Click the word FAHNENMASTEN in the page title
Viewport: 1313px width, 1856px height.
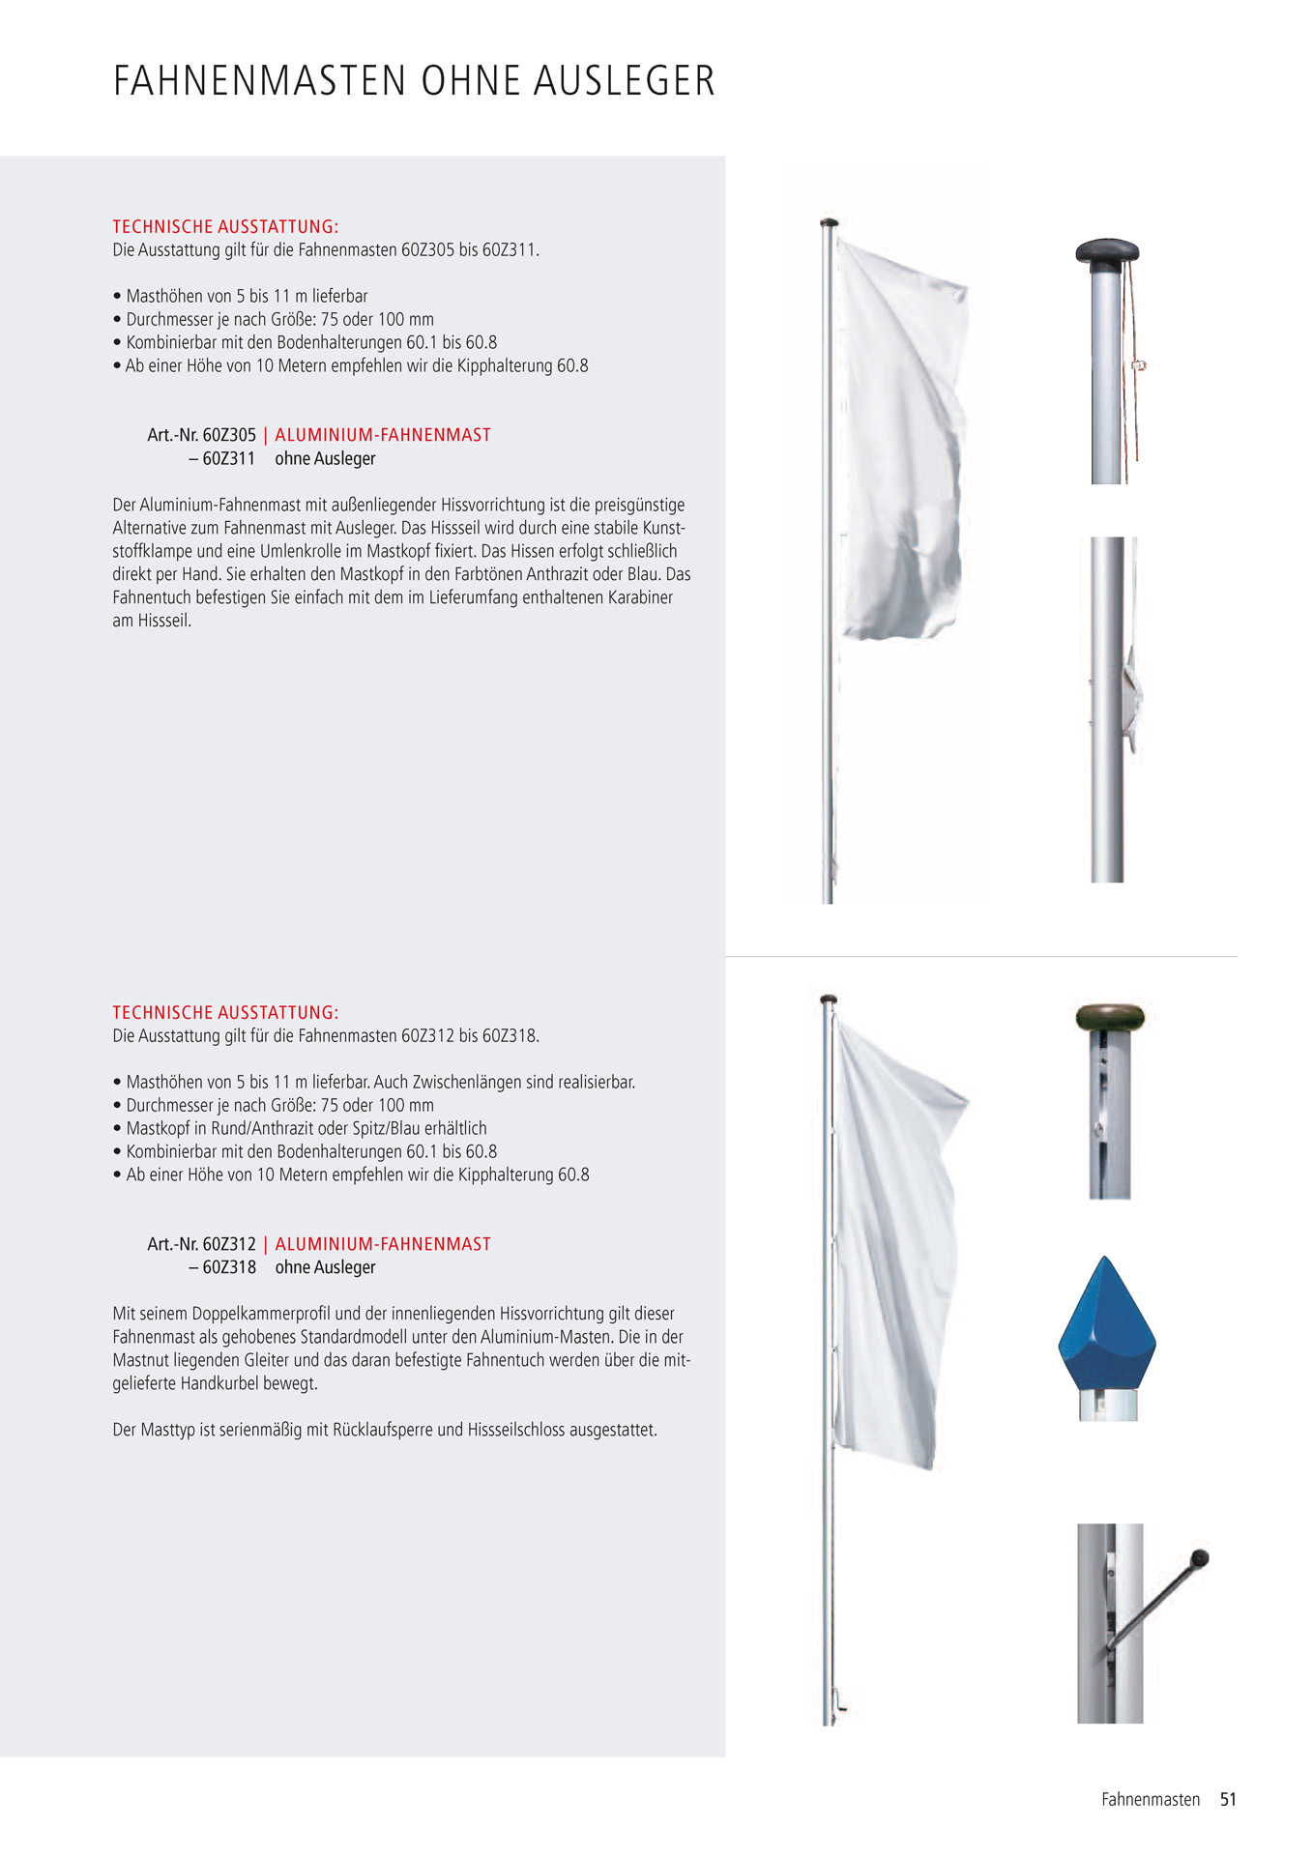(x=260, y=81)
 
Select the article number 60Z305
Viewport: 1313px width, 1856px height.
(x=229, y=435)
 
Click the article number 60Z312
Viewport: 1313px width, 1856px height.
(x=229, y=1244)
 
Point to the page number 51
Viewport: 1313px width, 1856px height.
(x=1228, y=1799)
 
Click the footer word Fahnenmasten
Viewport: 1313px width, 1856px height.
(x=1150, y=1799)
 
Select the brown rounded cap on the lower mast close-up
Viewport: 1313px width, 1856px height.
(x=1109, y=1017)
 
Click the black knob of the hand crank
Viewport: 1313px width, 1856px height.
(x=1200, y=1557)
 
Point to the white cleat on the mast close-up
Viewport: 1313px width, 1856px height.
(x=1131, y=694)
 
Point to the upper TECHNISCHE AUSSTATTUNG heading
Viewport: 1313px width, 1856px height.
(x=225, y=227)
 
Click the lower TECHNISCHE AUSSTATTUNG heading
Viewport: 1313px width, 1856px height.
(x=225, y=1013)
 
